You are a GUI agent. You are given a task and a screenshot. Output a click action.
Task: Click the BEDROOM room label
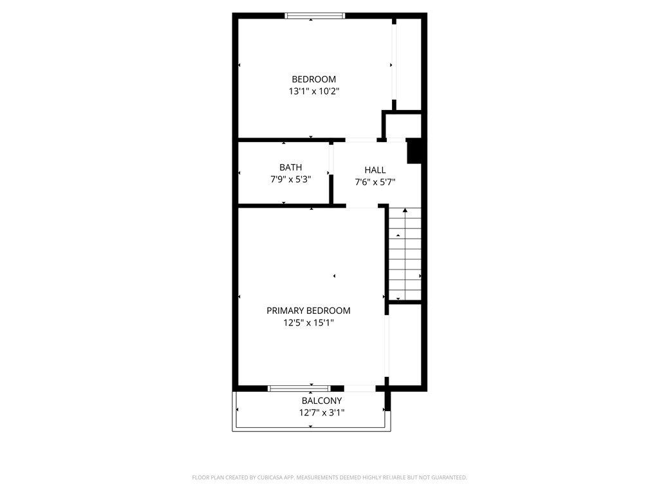click(313, 79)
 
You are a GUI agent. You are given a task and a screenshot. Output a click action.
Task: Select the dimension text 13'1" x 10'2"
click(313, 91)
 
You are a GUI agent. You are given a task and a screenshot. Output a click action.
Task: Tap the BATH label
click(290, 167)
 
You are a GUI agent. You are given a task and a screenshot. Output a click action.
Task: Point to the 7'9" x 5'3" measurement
click(290, 179)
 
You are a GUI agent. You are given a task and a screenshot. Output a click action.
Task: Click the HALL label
click(375, 170)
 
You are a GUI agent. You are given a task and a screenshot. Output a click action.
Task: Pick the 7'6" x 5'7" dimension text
click(375, 182)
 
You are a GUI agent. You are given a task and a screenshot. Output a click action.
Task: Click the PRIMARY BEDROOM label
click(308, 311)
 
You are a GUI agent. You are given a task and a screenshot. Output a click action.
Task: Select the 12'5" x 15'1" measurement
click(308, 323)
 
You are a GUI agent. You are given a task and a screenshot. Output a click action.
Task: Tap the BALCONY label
click(322, 401)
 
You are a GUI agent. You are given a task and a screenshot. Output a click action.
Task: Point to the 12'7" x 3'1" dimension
click(322, 413)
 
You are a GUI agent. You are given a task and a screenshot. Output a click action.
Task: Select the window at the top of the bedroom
click(315, 15)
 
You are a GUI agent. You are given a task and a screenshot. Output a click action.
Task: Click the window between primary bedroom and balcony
click(299, 388)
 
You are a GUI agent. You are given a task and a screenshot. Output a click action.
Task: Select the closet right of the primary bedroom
click(405, 344)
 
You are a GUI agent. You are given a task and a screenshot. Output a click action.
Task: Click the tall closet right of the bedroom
click(408, 64)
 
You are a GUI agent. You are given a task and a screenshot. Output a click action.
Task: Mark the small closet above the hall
click(403, 126)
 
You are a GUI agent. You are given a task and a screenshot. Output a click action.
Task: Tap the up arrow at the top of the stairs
click(405, 210)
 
